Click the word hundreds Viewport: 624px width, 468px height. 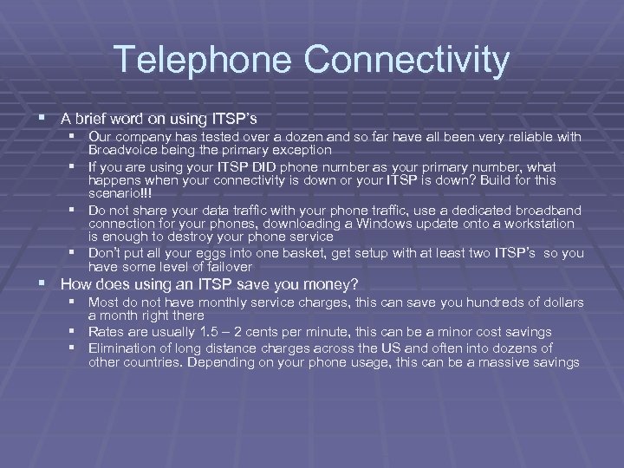[x=491, y=302]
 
